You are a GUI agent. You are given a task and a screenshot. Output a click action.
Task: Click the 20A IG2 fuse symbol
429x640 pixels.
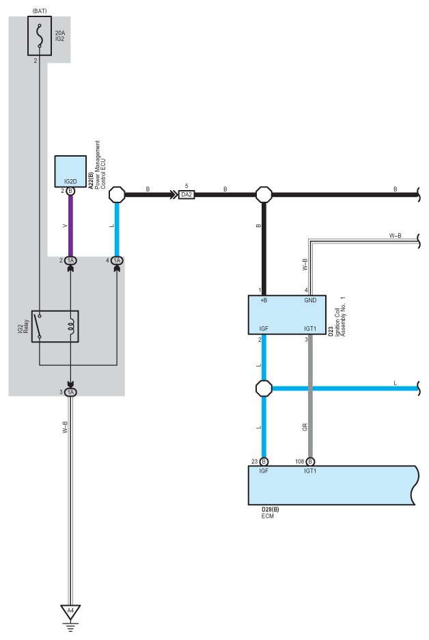tap(40, 36)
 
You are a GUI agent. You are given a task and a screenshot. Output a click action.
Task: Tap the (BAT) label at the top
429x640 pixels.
tap(40, 11)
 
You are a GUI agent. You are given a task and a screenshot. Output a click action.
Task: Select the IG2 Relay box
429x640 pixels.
tap(55, 326)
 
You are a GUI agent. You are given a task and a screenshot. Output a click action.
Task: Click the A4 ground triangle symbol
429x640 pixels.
tap(70, 612)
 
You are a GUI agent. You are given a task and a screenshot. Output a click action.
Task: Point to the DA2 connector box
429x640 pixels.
tap(186, 195)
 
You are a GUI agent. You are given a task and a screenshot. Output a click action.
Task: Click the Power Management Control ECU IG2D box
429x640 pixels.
tap(70, 171)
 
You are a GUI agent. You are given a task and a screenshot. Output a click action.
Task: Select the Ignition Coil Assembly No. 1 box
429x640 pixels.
tap(287, 315)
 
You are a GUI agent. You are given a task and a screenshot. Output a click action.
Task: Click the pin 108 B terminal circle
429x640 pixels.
tap(310, 462)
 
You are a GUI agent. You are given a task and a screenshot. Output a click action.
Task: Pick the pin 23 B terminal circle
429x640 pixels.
tap(264, 462)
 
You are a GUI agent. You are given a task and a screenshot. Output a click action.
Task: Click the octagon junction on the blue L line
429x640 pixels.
tap(264, 388)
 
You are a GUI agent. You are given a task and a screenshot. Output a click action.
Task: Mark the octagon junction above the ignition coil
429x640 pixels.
tap(264, 195)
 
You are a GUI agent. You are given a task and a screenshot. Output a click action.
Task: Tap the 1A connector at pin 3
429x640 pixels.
tap(70, 392)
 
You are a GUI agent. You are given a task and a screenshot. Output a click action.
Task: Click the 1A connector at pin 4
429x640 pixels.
tap(117, 261)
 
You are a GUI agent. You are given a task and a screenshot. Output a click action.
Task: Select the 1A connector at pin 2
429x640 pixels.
tap(70, 261)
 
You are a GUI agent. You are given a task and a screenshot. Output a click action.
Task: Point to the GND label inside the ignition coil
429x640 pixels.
tap(310, 300)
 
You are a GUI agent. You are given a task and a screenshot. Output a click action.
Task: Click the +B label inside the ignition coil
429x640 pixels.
tap(264, 300)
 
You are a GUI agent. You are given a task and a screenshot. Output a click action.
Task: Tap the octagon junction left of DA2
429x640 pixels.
tap(117, 195)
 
